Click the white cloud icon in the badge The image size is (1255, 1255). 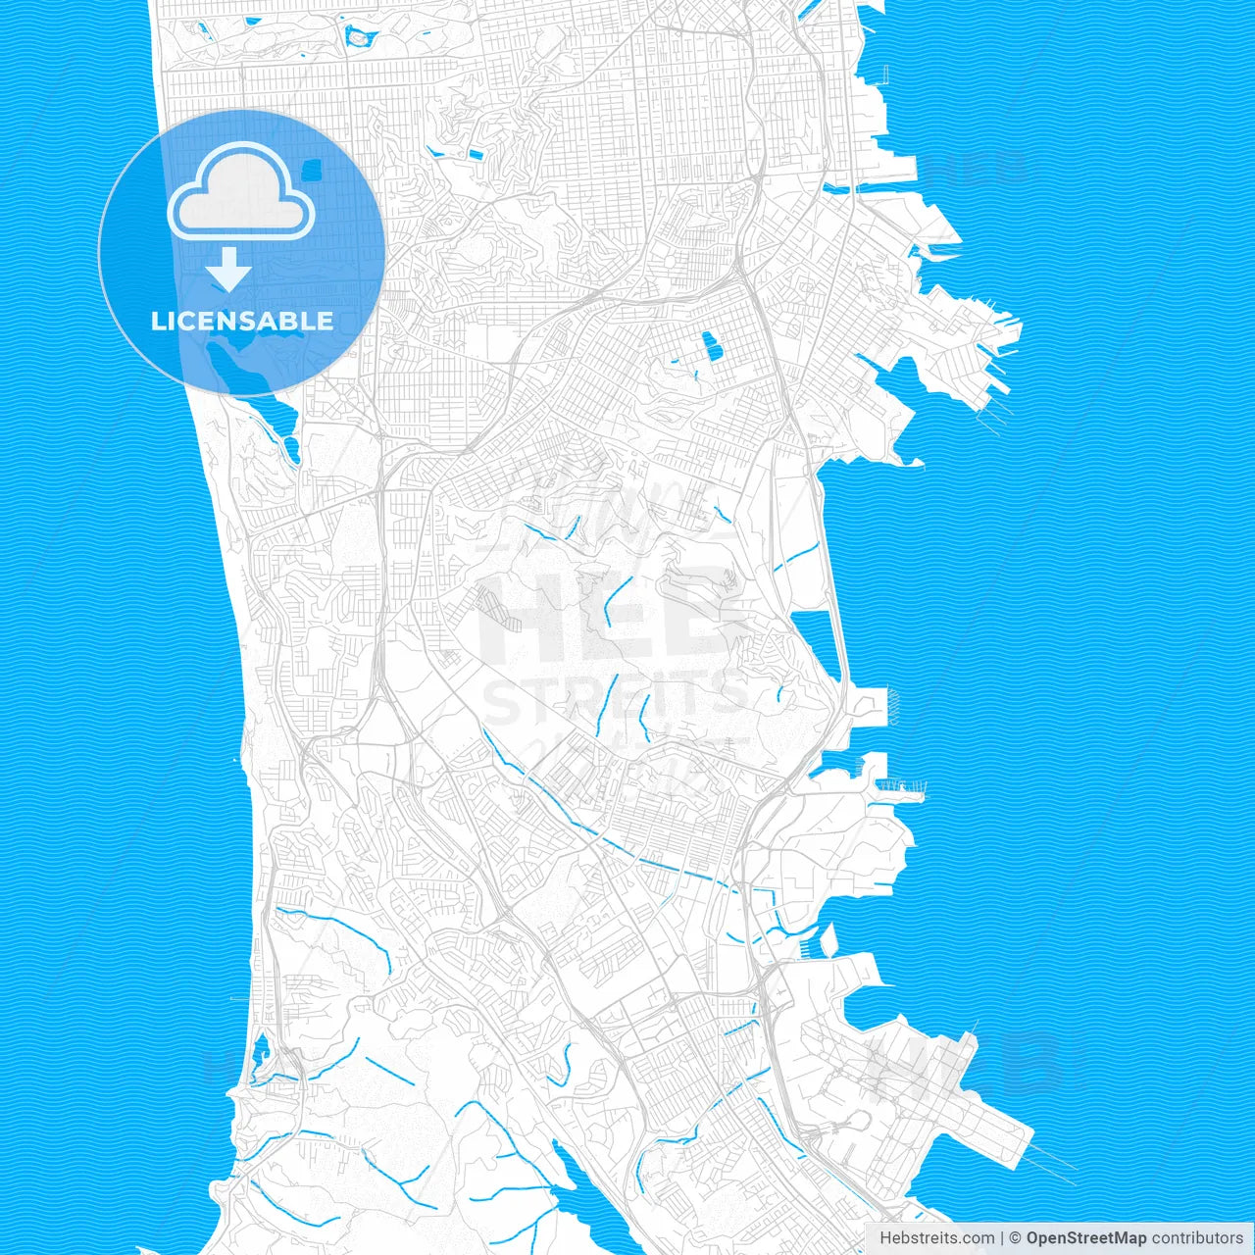point(241,193)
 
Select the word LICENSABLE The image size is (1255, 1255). point(241,322)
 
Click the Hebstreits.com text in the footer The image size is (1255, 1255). point(936,1238)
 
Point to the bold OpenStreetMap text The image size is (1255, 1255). point(1085,1238)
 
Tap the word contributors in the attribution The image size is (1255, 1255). point(1196,1238)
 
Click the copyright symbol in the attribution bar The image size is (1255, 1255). point(1015,1238)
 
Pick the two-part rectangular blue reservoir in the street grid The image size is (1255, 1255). point(709,345)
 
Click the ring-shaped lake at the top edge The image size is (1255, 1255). point(361,38)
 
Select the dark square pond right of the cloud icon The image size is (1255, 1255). point(313,169)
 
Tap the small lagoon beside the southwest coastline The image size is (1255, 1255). point(260,1059)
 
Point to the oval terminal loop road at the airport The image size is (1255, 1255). point(863,1079)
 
